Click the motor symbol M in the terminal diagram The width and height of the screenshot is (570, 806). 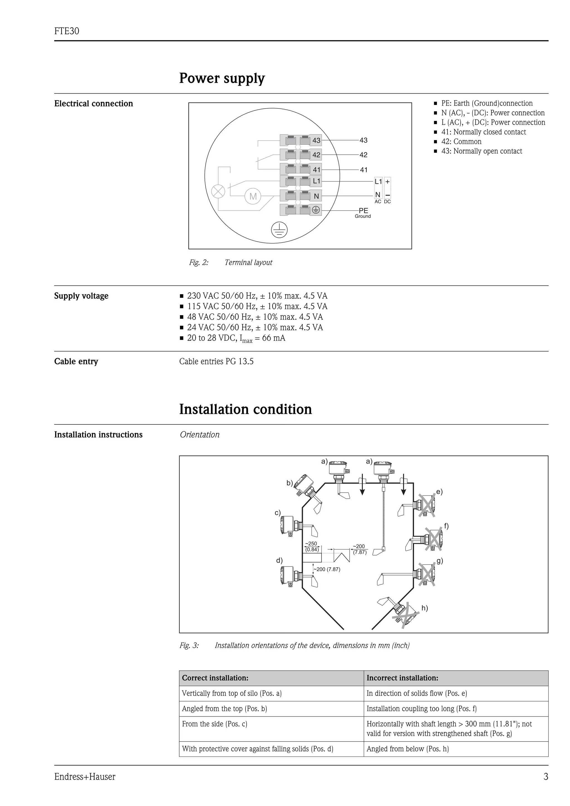(x=253, y=197)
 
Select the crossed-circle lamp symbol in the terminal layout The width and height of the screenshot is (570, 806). (x=218, y=191)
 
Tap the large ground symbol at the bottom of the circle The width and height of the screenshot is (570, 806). (x=279, y=230)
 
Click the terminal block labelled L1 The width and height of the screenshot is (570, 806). (x=301, y=181)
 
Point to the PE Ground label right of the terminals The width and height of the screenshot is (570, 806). (x=363, y=212)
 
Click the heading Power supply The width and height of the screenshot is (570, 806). (x=222, y=78)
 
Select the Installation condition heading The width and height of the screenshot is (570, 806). (x=245, y=409)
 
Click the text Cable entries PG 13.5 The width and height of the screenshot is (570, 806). (x=216, y=361)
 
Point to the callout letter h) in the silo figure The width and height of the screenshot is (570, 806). (x=425, y=608)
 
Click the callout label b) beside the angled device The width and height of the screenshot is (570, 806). (x=290, y=483)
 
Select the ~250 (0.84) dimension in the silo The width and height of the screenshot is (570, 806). (x=311, y=547)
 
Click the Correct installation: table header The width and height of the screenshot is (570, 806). (x=215, y=678)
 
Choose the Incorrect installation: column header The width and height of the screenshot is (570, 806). (x=402, y=678)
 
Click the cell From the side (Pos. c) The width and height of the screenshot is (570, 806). (x=214, y=724)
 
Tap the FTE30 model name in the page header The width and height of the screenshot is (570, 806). (x=67, y=31)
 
